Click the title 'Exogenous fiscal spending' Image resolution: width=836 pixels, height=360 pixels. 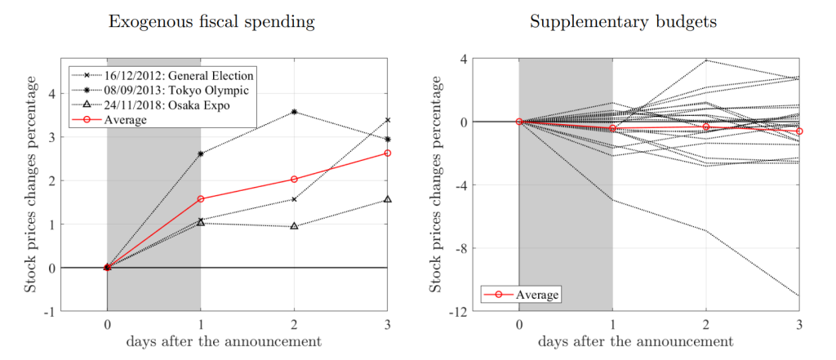click(212, 22)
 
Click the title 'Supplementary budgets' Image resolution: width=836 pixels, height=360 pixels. click(624, 22)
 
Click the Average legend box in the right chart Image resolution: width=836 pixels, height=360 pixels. click(521, 294)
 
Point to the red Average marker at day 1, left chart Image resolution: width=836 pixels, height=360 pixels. click(201, 198)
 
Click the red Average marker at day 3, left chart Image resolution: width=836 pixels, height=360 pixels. click(388, 153)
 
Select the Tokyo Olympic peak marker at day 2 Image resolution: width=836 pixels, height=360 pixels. click(294, 112)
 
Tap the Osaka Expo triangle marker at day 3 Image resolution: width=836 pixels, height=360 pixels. click(388, 199)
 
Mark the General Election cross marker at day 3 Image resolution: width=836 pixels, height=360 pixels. click(388, 120)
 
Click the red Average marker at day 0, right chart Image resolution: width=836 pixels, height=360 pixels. click(519, 122)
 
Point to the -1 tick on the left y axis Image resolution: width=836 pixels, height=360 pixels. click(51, 311)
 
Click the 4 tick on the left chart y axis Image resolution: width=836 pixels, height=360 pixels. click(53, 93)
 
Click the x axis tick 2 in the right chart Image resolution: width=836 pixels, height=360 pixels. click(706, 324)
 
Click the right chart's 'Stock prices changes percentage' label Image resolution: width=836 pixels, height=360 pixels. click(438, 184)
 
